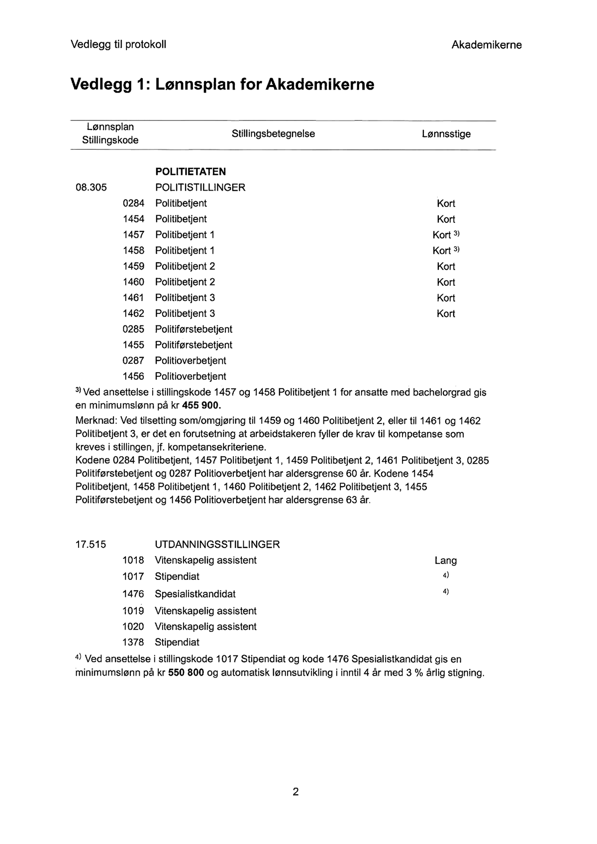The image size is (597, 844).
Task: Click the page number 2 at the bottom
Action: click(x=296, y=791)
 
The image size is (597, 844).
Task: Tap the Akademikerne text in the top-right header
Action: click(x=486, y=45)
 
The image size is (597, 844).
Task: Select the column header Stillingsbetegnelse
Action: click(x=273, y=134)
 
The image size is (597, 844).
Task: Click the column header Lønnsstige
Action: click(x=446, y=134)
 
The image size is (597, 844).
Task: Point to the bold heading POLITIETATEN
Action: click(x=190, y=172)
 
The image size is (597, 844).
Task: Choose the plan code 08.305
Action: click(x=91, y=188)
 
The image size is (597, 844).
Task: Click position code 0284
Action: click(x=133, y=203)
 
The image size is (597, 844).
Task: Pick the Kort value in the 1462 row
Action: click(x=446, y=314)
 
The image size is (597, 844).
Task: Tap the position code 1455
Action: click(x=133, y=345)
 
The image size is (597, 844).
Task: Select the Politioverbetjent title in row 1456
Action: click(x=191, y=376)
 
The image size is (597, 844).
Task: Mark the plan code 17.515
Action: click(x=91, y=544)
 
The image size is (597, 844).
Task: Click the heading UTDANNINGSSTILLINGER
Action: click(x=217, y=544)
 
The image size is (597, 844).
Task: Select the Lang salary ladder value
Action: click(x=445, y=561)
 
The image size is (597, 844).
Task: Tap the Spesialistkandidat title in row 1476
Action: click(x=195, y=594)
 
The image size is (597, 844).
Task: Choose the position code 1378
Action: click(x=133, y=642)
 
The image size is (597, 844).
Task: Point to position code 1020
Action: click(x=133, y=627)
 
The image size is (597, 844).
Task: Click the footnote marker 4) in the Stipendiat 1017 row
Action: click(x=446, y=575)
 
